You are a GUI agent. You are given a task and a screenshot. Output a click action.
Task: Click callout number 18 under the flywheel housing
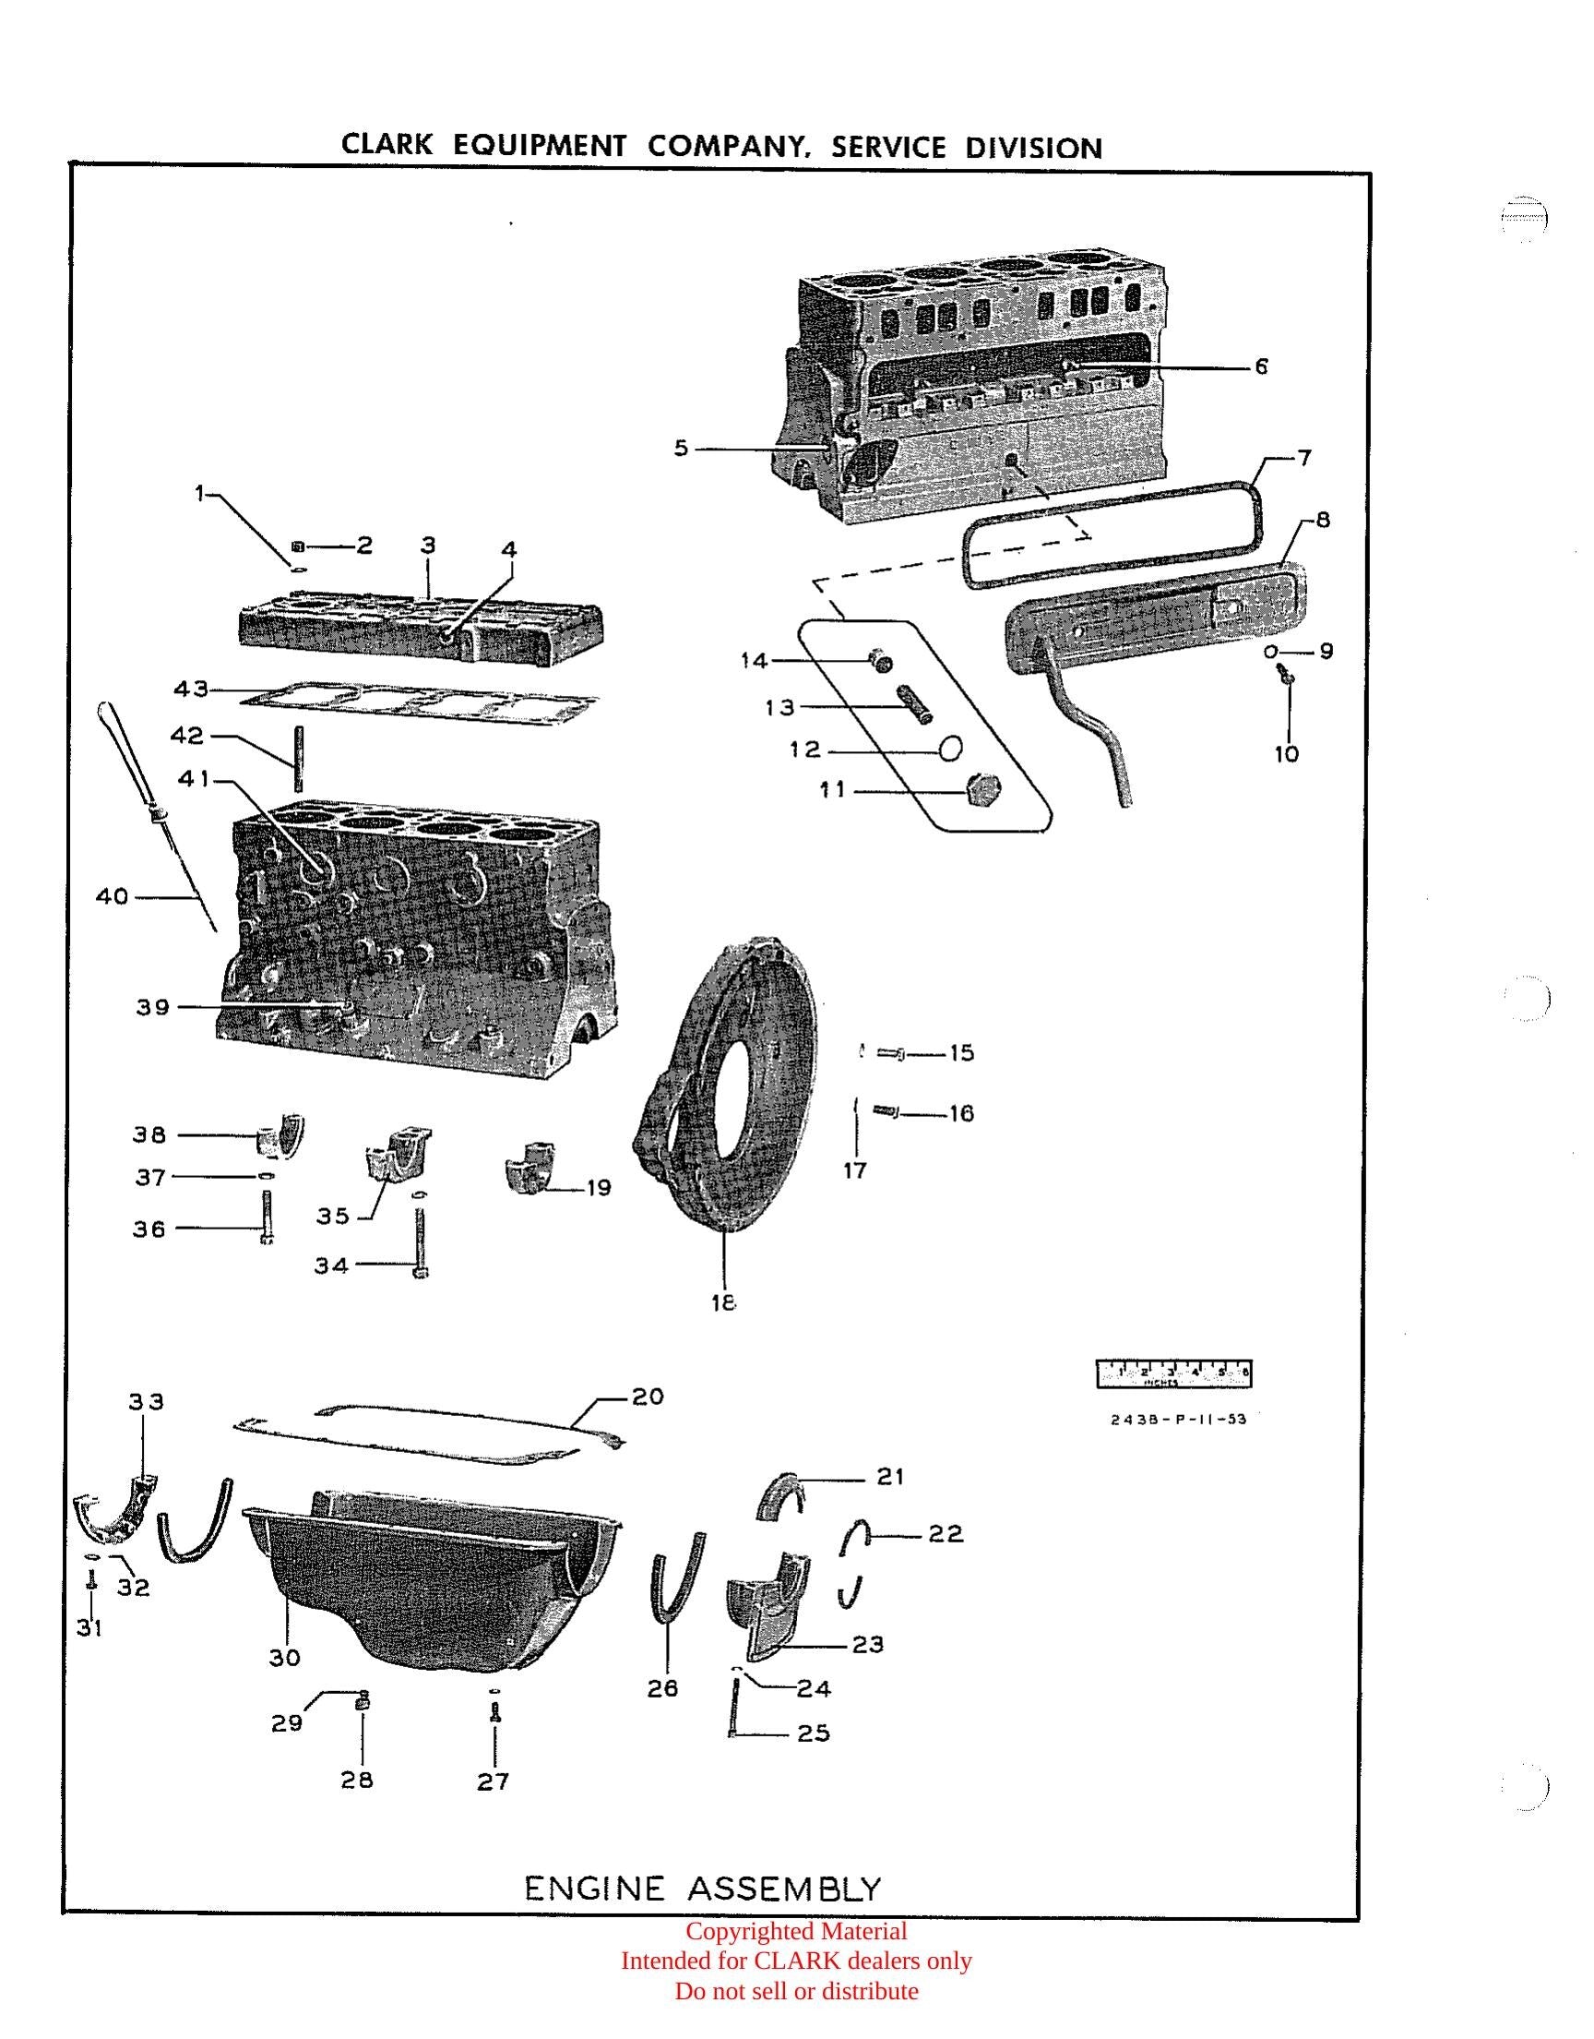coord(723,1302)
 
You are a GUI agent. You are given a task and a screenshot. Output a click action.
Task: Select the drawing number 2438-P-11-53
coord(1178,1419)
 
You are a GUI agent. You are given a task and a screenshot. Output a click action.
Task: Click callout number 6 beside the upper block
coord(1261,366)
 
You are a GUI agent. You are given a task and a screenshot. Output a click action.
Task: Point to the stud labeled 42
coord(299,759)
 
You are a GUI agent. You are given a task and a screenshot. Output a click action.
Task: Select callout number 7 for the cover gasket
coord(1304,458)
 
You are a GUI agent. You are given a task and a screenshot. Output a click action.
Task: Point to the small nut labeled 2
coord(300,546)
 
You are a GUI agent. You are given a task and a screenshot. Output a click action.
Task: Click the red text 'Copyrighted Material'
coord(796,1931)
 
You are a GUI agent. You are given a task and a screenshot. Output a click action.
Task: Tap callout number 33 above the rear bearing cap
coord(146,1401)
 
